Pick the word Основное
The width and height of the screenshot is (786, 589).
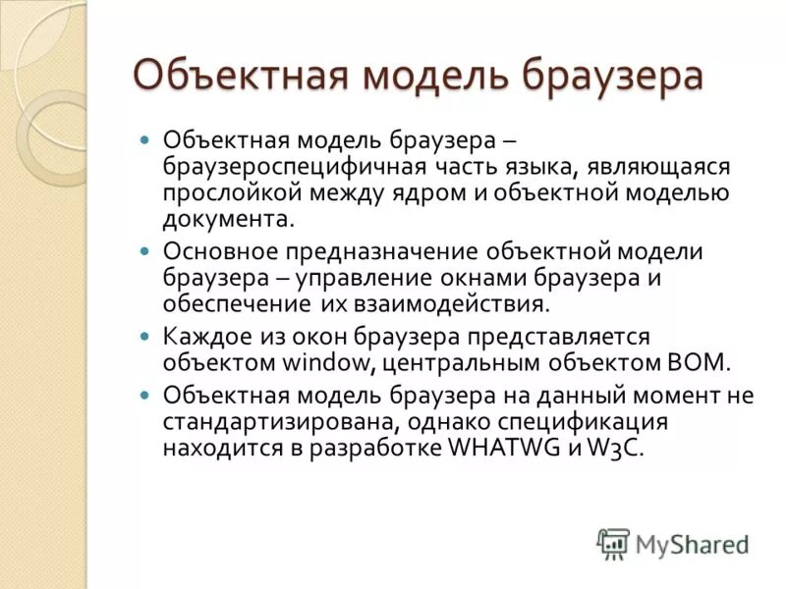(x=216, y=251)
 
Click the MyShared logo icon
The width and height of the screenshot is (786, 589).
(x=613, y=543)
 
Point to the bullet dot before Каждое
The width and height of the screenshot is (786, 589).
(x=145, y=336)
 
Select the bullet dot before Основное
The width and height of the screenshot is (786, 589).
(x=145, y=251)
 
